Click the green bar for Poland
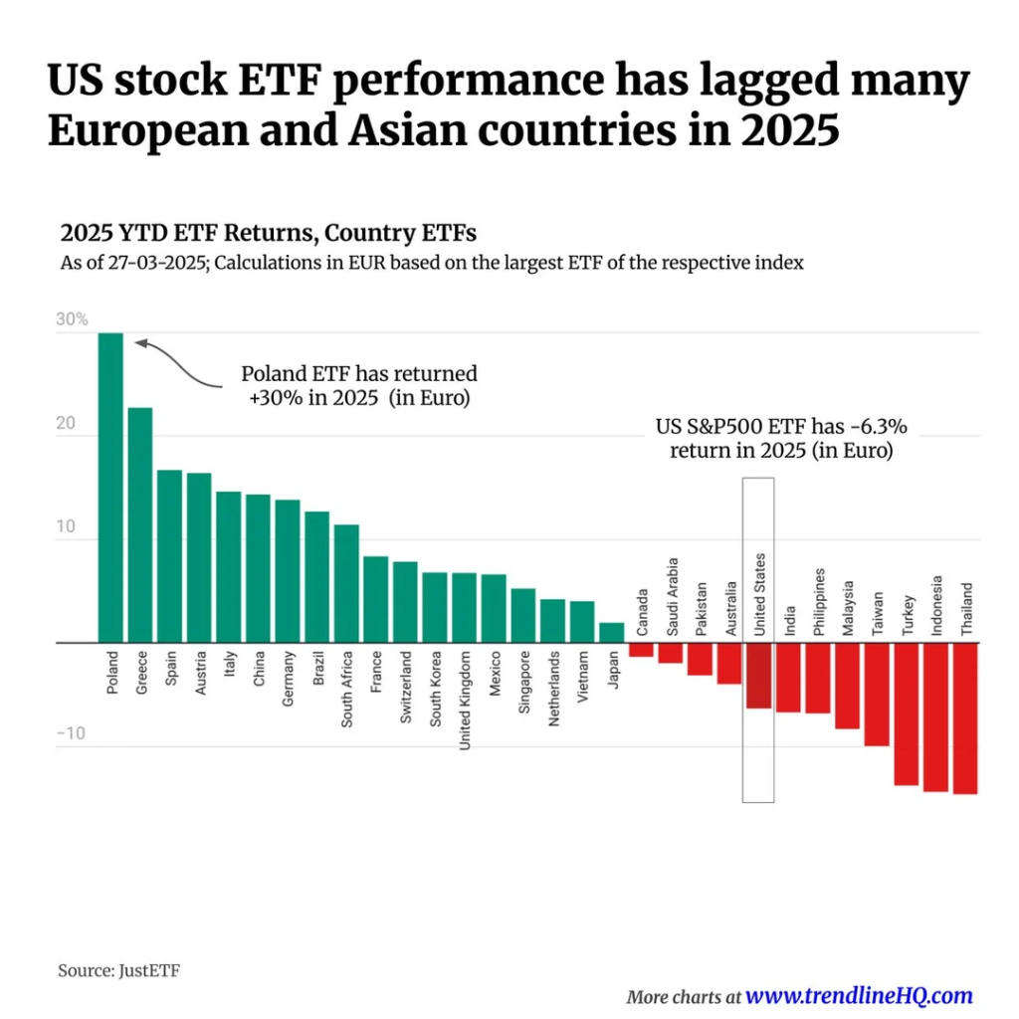pos(110,488)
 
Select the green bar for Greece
pos(140,525)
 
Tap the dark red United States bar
pos(758,676)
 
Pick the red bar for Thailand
pos(965,718)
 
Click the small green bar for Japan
pos(611,633)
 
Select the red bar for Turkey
pos(906,714)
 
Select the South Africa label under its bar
pos(346,690)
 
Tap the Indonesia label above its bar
pos(935,605)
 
